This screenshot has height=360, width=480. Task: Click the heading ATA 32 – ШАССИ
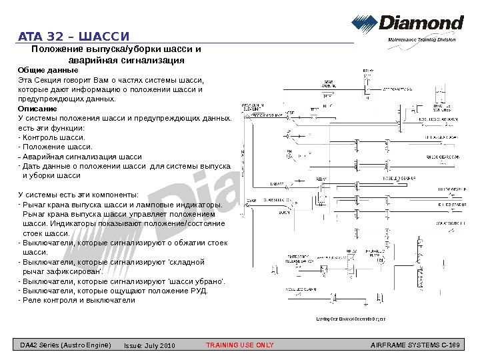(x=73, y=35)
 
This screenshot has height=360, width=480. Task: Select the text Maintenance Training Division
(x=421, y=41)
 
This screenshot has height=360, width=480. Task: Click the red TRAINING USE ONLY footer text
(x=239, y=345)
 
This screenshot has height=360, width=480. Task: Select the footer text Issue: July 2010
(x=149, y=345)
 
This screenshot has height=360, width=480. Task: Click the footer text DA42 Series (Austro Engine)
(x=65, y=345)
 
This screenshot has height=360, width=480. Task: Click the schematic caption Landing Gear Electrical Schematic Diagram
(x=351, y=319)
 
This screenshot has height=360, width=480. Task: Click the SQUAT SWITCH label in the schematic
(x=451, y=224)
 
